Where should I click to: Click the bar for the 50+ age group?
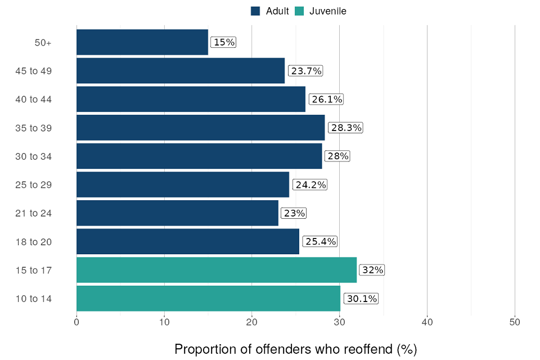142,42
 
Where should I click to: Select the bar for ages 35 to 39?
200,128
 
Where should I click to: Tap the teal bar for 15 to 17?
216,270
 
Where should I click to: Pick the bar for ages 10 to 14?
208,298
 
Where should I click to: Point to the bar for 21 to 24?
177,213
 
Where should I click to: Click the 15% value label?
223,42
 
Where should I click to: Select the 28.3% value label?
345,128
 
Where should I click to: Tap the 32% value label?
372,270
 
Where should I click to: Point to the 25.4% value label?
320,241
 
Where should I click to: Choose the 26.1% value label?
326,99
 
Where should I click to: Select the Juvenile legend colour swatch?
299,11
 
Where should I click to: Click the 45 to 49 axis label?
34,71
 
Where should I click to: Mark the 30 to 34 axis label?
34,156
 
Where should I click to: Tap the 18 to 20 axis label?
34,242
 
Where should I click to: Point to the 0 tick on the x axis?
76,322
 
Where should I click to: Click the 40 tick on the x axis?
427,322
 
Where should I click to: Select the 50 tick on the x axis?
515,322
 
